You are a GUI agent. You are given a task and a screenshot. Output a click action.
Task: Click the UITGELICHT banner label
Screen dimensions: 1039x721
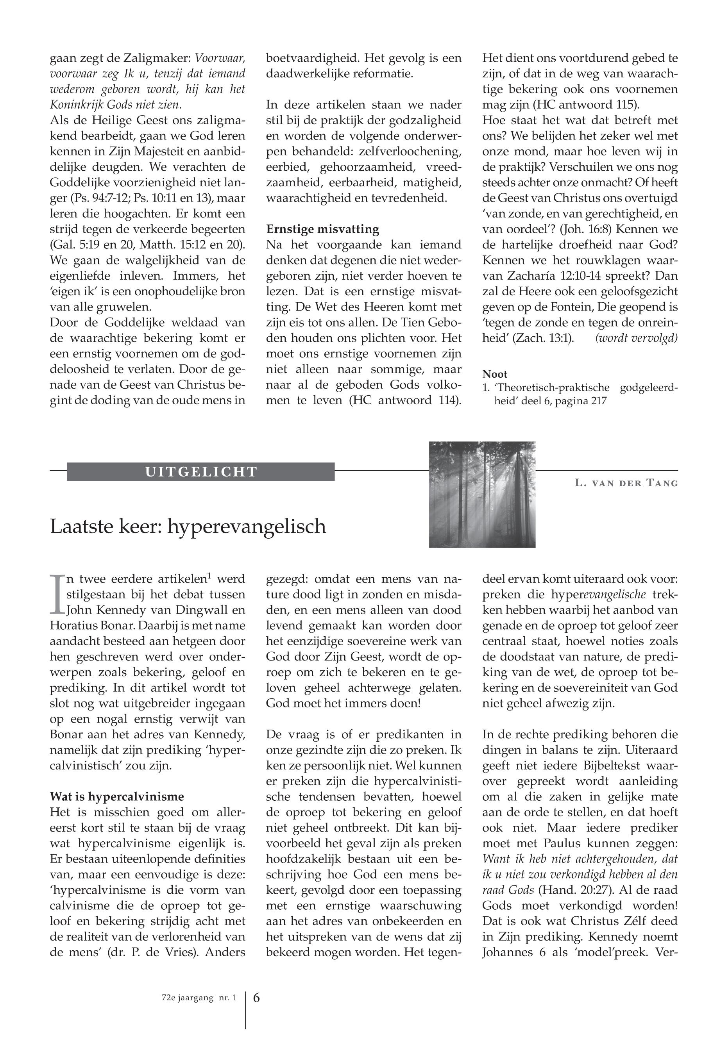(201, 472)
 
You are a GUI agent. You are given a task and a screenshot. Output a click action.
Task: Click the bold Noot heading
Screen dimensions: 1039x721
(495, 374)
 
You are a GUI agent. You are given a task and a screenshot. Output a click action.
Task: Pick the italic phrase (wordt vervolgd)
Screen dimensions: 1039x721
(637, 338)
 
